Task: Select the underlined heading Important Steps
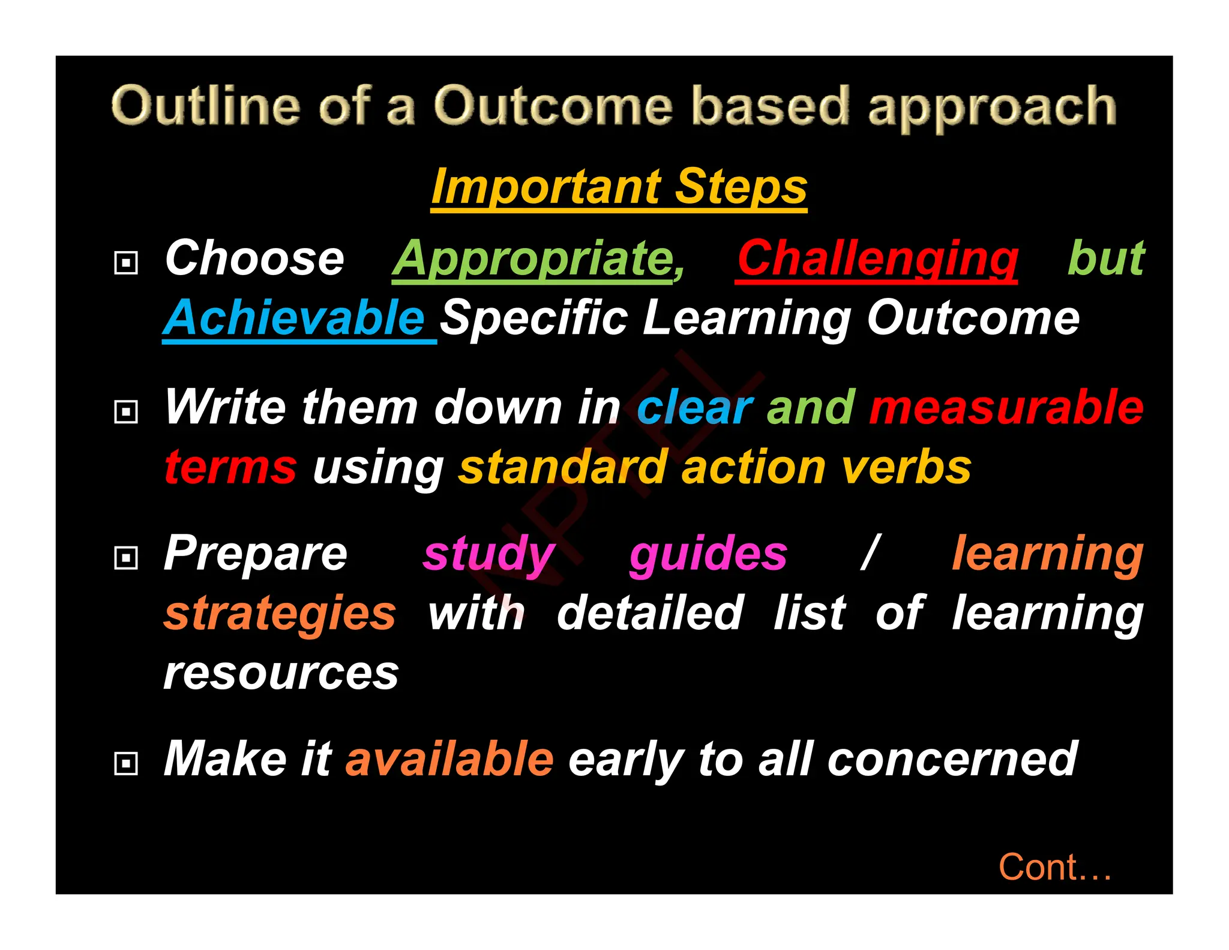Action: [x=619, y=187]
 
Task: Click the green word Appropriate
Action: [x=538, y=259]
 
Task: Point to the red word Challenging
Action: [x=877, y=259]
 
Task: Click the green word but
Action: [x=1105, y=259]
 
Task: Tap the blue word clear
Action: [x=694, y=408]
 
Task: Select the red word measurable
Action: [x=1006, y=408]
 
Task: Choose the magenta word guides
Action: [x=708, y=554]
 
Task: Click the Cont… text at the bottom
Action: [x=1054, y=867]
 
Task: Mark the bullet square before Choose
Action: [x=126, y=262]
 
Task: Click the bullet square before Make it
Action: [x=126, y=763]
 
